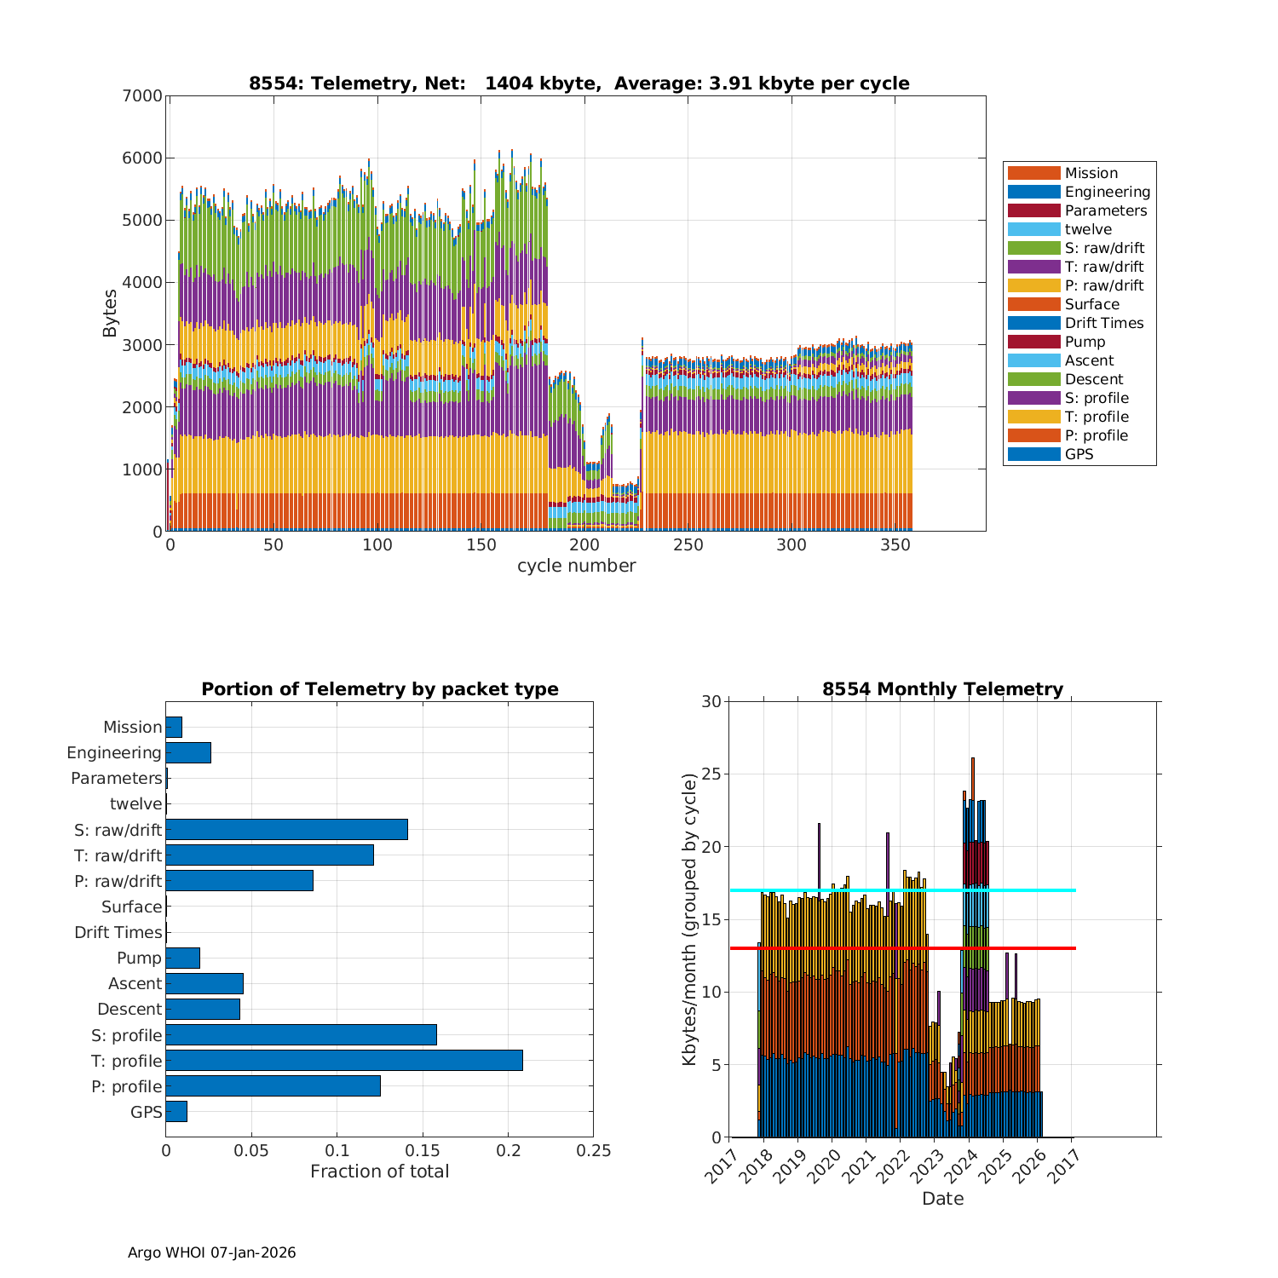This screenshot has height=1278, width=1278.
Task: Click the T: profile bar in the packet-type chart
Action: (344, 1060)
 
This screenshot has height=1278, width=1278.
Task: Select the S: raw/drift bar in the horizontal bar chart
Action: (286, 829)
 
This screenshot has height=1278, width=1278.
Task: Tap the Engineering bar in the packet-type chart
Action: (188, 752)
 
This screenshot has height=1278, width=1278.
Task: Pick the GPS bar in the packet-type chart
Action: (176, 1111)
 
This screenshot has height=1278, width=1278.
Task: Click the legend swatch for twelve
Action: (1033, 229)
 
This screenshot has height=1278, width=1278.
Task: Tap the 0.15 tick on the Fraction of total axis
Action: (423, 1150)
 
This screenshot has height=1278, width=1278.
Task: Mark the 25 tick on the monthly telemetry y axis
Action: (711, 774)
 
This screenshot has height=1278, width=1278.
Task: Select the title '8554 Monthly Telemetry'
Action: (942, 689)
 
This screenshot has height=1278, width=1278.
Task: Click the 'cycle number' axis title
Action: (576, 566)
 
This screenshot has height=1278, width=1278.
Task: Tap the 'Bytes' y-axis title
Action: (110, 314)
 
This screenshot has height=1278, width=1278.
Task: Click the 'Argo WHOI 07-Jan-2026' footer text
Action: (211, 1252)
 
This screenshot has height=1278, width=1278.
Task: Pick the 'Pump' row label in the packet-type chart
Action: (139, 958)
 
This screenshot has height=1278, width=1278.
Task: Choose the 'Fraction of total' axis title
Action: (379, 1171)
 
